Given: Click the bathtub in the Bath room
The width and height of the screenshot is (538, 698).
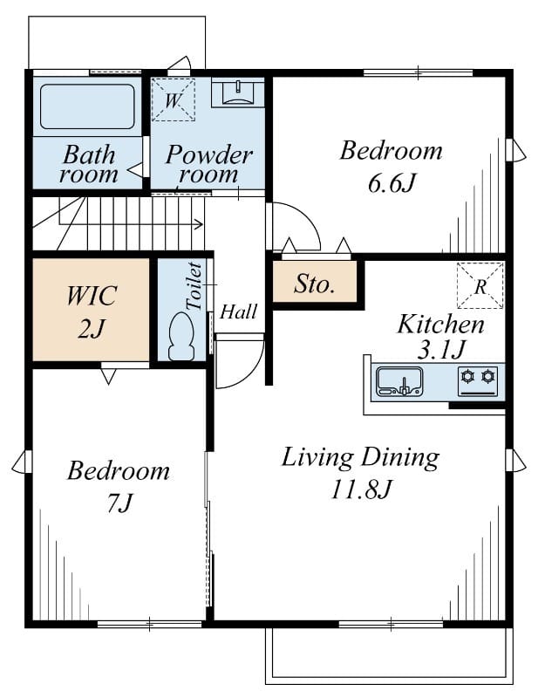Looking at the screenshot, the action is pyautogui.click(x=87, y=106).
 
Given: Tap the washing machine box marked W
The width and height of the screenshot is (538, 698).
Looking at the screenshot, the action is pyautogui.click(x=174, y=99).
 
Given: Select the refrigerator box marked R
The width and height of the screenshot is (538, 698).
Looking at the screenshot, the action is pyautogui.click(x=480, y=285).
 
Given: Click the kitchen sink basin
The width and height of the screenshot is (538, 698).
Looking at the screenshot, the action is pyautogui.click(x=399, y=381).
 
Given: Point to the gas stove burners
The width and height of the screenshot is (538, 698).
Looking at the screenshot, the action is pyautogui.click(x=478, y=381).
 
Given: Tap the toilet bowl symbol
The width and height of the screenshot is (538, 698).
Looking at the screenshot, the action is pyautogui.click(x=181, y=336).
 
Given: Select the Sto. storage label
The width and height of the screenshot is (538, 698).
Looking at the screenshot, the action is pyautogui.click(x=314, y=284).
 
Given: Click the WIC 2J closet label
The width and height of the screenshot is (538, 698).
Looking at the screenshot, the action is pyautogui.click(x=92, y=312).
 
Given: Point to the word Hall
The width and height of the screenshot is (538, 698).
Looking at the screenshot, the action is pyautogui.click(x=239, y=311).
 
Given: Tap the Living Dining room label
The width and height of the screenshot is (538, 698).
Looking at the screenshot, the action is pyautogui.click(x=360, y=457).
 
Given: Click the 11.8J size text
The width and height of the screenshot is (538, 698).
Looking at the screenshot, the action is pyautogui.click(x=360, y=489).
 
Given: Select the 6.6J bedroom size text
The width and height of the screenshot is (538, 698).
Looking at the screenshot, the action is pyautogui.click(x=392, y=182).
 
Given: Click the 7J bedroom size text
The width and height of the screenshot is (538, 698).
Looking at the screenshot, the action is pyautogui.click(x=120, y=503).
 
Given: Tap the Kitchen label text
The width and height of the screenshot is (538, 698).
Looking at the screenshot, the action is pyautogui.click(x=440, y=324).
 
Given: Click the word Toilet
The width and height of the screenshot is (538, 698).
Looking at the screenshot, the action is pyautogui.click(x=194, y=286).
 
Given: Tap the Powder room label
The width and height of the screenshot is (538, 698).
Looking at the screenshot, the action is pyautogui.click(x=208, y=164).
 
